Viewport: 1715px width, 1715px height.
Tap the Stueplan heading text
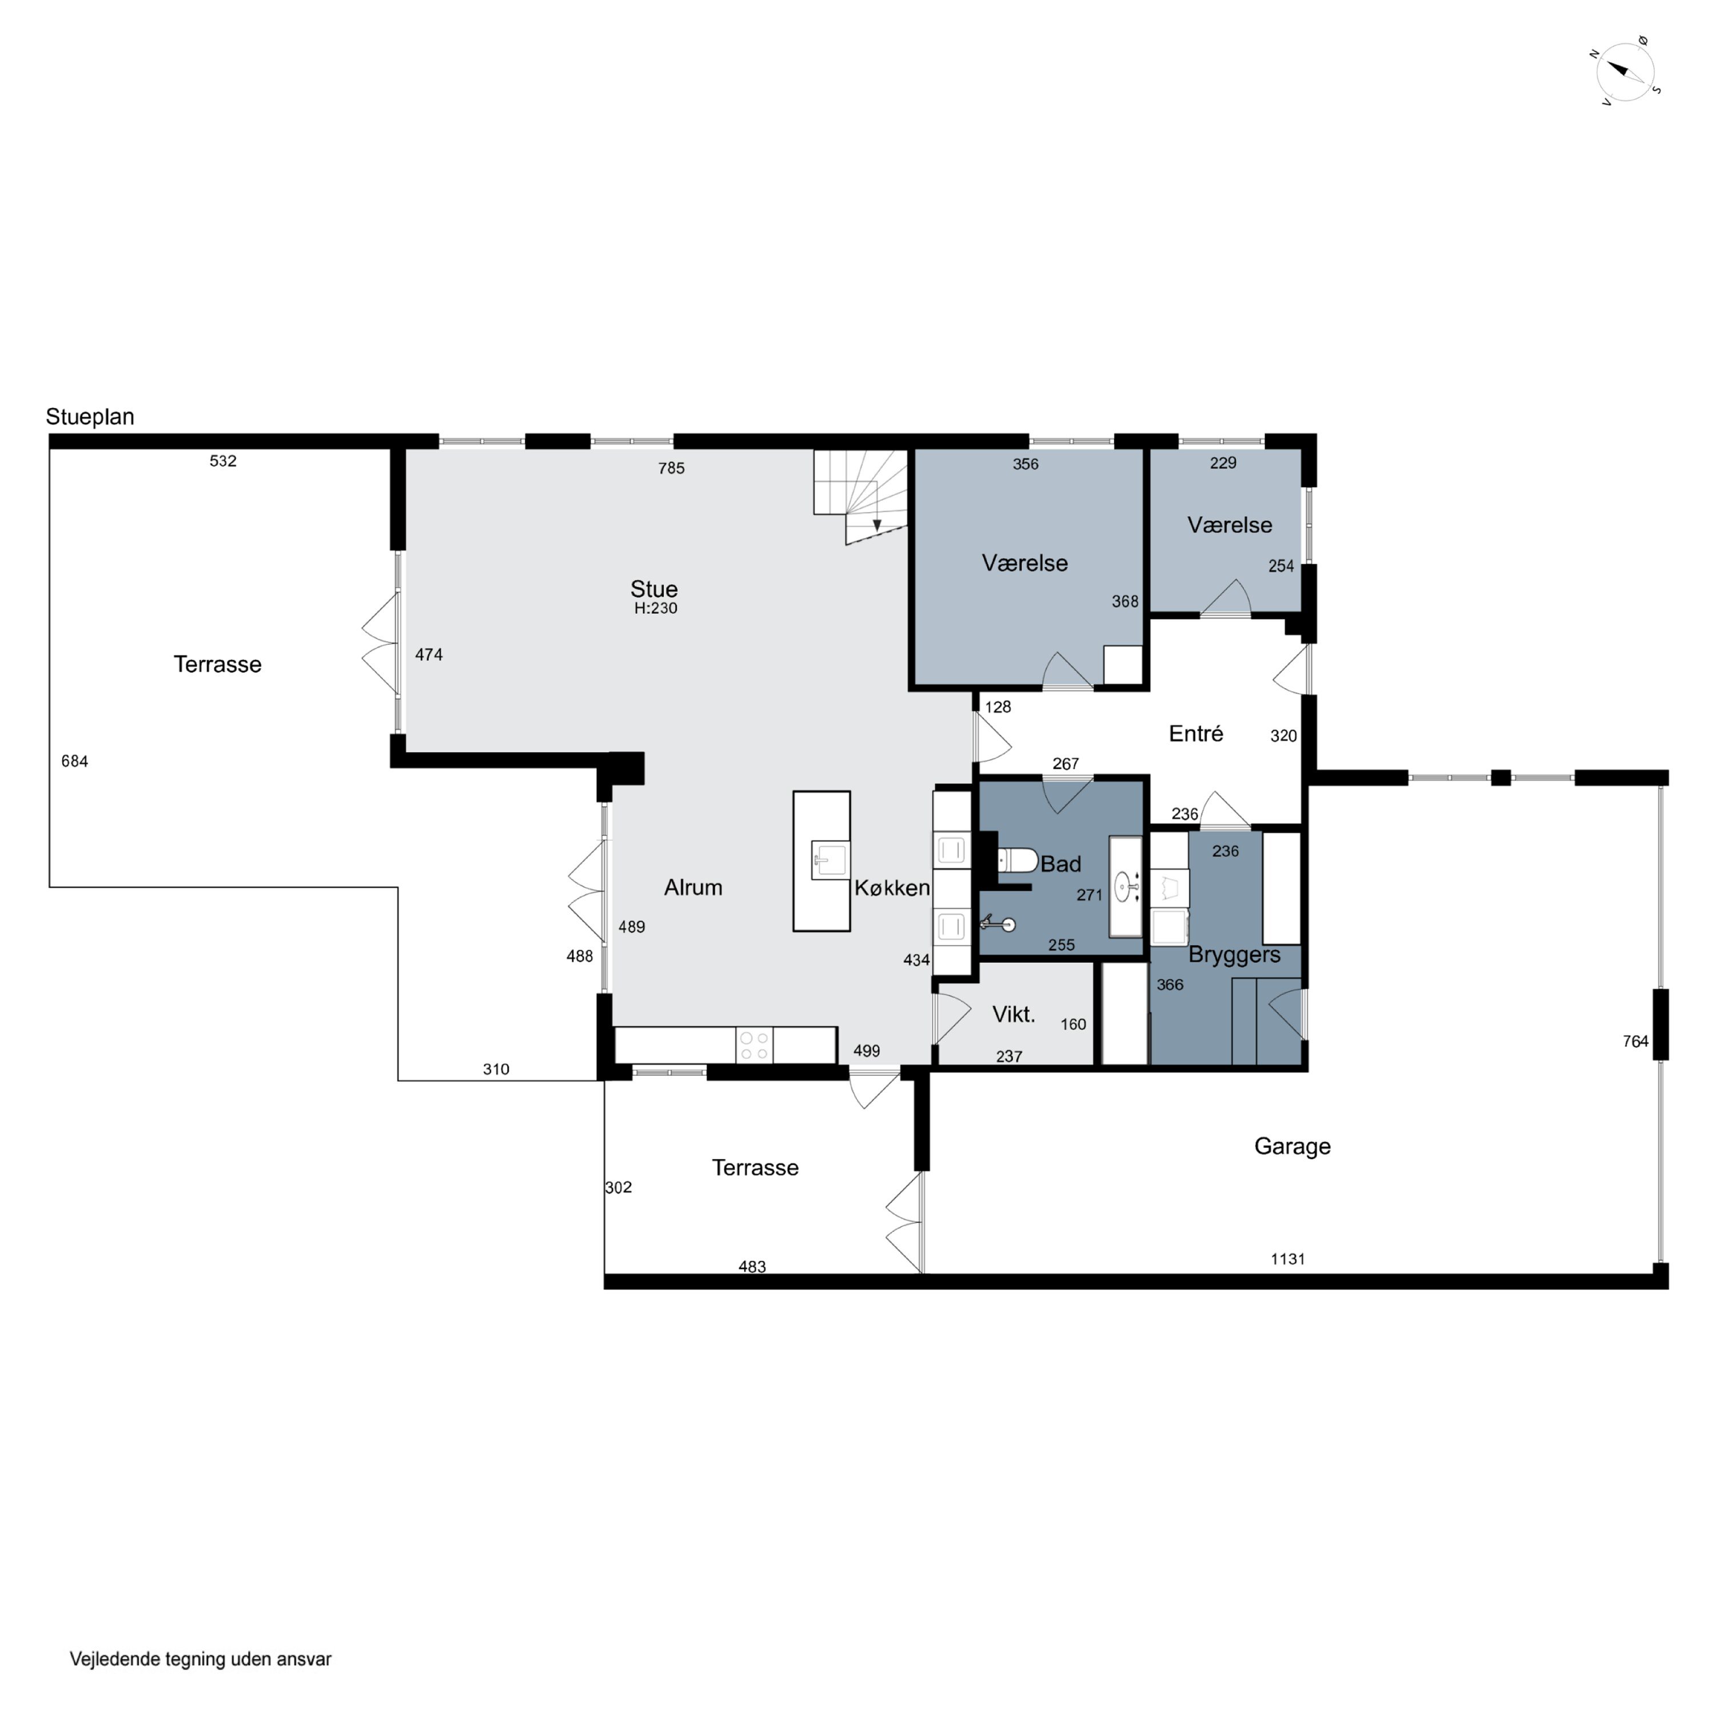click(x=90, y=417)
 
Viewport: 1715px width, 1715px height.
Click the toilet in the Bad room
click(x=1018, y=860)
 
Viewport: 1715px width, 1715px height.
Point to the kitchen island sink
click(x=830, y=860)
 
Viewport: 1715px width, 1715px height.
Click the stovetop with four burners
click(x=753, y=1045)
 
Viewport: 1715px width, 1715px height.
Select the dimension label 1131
click(x=1287, y=1259)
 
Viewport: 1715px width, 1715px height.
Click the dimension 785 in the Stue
click(x=671, y=468)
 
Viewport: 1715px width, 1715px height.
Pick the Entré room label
click(x=1196, y=733)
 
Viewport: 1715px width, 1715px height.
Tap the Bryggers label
click(x=1234, y=955)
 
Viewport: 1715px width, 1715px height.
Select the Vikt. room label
click(x=1014, y=1014)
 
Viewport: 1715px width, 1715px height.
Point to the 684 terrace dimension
click(x=74, y=761)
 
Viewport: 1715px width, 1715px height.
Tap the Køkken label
click(x=892, y=888)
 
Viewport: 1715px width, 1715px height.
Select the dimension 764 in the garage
click(x=1635, y=1041)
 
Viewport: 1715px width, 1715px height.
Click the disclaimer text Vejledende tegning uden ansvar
click(x=201, y=1658)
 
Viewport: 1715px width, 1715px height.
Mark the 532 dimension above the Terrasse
click(x=223, y=461)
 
